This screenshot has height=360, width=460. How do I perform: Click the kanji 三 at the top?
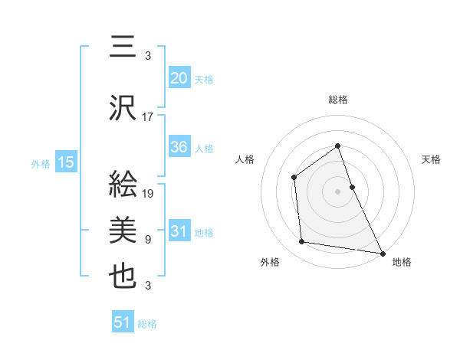123,46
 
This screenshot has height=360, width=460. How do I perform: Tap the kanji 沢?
123,108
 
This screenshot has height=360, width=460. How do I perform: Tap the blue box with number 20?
179,79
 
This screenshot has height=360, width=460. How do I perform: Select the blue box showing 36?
179,147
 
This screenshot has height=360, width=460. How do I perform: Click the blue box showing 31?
179,232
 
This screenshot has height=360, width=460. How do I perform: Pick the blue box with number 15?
65,162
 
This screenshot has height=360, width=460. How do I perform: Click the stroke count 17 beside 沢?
148,117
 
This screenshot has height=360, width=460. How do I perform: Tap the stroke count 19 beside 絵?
148,194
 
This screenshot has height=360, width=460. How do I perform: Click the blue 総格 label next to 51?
147,324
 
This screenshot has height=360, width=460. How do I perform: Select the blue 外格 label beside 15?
41,163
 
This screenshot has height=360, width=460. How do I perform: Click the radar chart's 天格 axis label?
432,159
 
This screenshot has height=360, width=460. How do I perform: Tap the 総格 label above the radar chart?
338,100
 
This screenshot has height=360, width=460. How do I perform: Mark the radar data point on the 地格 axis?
383,252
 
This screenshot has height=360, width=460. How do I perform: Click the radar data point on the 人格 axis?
294,178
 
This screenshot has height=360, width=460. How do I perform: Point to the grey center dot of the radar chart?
338,191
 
